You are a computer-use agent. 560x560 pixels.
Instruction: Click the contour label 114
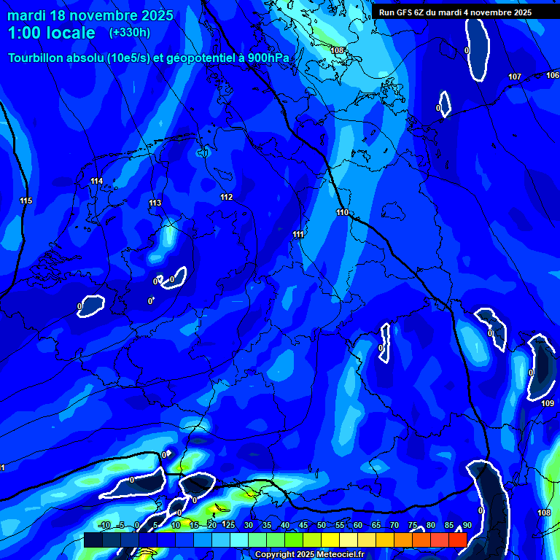(x=97, y=181)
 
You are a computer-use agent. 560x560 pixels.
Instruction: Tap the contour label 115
(x=26, y=201)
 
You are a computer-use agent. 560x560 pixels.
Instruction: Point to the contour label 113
(x=155, y=203)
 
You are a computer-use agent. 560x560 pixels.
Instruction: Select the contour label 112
(x=227, y=197)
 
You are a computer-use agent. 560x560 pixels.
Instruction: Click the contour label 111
(x=298, y=234)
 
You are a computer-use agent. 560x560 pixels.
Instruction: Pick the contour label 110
(x=342, y=212)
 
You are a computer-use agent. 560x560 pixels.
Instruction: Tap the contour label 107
(x=515, y=77)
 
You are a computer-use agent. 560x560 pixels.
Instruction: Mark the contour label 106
(x=553, y=75)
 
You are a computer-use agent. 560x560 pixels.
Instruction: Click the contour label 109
(x=548, y=403)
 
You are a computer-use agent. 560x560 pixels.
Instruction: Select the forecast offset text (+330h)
(x=130, y=32)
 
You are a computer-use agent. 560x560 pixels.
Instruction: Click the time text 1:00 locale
(x=52, y=33)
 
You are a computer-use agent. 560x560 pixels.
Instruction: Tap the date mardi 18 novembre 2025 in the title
(x=90, y=15)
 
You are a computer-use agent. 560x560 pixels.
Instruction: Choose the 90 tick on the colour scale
(x=467, y=525)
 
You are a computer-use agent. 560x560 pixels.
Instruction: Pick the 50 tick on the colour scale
(x=321, y=525)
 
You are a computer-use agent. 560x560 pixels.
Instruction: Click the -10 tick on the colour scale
(x=105, y=525)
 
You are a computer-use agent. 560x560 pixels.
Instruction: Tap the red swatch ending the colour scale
(x=457, y=540)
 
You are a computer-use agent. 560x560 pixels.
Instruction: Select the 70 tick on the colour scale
(x=394, y=525)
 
